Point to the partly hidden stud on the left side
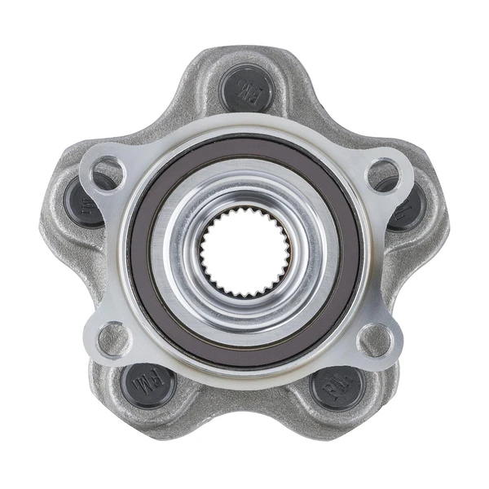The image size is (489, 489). tap(81, 200)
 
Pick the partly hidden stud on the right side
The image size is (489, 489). tap(407, 205)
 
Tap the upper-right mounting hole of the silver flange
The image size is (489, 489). tap(382, 174)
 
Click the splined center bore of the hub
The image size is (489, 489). tap(244, 250)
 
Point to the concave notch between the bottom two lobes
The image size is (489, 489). tap(244, 424)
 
